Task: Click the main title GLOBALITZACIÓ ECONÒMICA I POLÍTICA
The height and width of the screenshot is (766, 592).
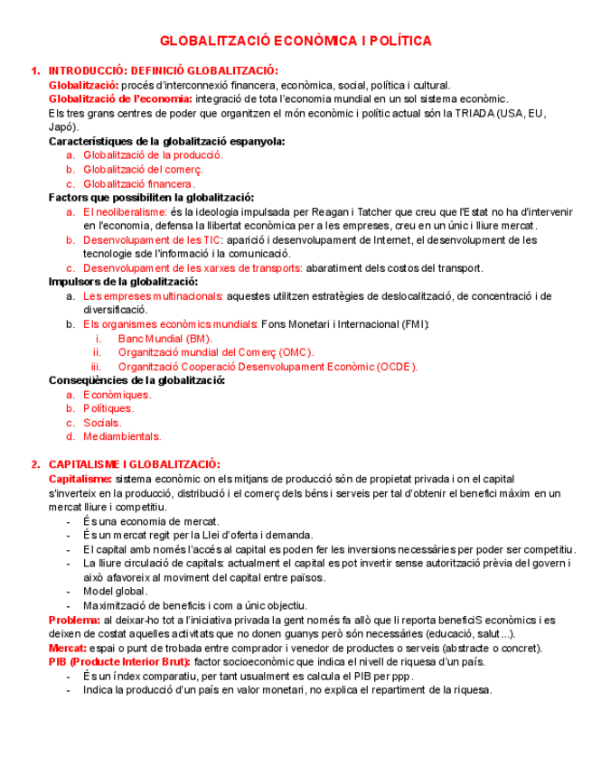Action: [x=296, y=42]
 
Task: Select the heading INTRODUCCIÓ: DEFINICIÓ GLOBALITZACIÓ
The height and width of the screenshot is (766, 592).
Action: [x=164, y=71]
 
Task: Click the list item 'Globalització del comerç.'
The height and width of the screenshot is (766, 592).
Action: [x=143, y=169]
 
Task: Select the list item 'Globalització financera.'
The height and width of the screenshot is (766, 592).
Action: [x=139, y=183]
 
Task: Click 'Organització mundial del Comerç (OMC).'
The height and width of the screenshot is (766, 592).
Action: [x=215, y=352]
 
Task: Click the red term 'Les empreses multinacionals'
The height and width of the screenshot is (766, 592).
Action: [x=153, y=296]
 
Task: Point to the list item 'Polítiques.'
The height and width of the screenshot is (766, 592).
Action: [x=108, y=408]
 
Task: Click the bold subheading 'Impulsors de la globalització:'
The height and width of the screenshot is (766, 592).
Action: [x=124, y=282]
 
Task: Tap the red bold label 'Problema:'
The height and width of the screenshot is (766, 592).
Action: [x=74, y=620]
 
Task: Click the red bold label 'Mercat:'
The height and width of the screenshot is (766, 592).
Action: [x=67, y=648]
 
